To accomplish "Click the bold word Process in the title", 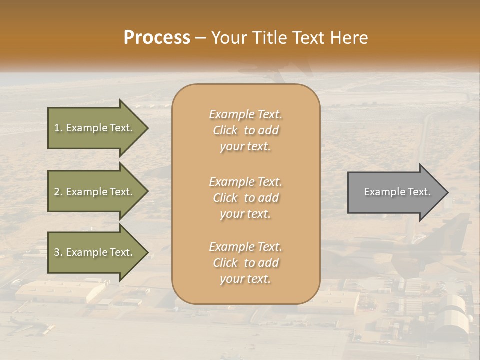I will [157, 38].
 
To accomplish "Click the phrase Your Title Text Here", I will [289, 38].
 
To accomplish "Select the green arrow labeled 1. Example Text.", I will [95, 128].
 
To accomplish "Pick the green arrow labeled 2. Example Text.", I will [95, 192].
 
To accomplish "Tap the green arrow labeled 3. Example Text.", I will [95, 252].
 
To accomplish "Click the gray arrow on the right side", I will [395, 192].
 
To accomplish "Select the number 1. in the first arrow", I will [58, 128].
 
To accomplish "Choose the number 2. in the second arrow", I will [58, 192].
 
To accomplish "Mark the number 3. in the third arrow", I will [58, 252].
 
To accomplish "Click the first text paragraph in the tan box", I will [245, 130].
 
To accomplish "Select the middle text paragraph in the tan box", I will [245, 198].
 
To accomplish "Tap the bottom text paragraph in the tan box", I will [245, 263].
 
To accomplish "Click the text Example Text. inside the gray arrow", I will [397, 192].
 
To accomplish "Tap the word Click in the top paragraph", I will [225, 130].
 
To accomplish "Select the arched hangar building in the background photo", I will [452, 312].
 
